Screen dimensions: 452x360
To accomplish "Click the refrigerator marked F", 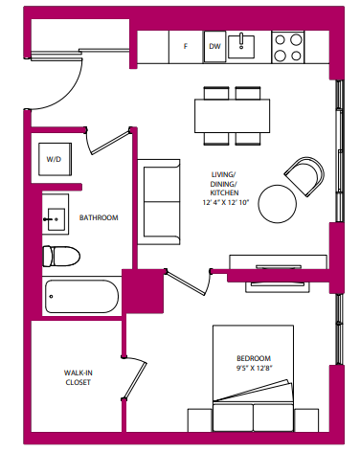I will (x=185, y=45).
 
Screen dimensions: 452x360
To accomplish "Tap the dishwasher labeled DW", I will (x=214, y=45).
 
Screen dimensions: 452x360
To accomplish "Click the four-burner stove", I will (x=288, y=45).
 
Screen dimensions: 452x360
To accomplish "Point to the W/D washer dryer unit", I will (x=53, y=161).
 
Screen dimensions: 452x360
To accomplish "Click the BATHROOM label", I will (x=98, y=218).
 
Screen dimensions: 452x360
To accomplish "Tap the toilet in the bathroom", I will (x=61, y=256).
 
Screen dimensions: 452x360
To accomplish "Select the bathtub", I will (x=80, y=297).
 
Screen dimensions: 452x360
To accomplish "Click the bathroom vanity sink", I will (x=54, y=217).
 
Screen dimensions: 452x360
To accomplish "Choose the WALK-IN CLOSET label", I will (x=78, y=377).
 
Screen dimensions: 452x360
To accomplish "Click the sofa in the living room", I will (x=159, y=199).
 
